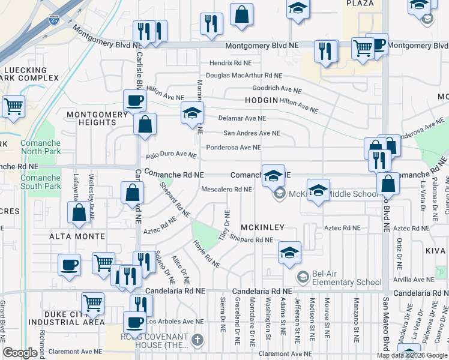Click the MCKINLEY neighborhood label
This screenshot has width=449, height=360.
(x=262, y=229)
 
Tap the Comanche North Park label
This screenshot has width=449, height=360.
(x=40, y=147)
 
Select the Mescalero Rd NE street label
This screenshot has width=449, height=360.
(x=226, y=190)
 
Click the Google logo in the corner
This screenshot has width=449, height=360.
(x=20, y=353)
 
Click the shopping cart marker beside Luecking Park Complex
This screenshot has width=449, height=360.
(x=13, y=107)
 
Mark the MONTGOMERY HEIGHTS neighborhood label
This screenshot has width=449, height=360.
(x=91, y=118)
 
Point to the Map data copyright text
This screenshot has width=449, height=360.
(x=411, y=355)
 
